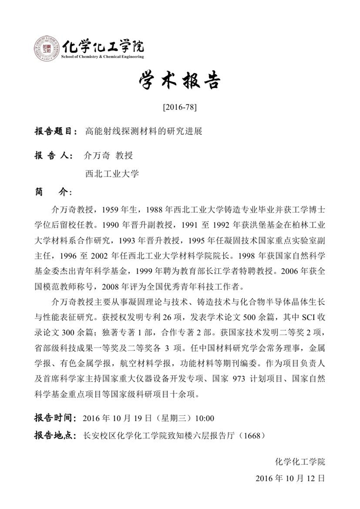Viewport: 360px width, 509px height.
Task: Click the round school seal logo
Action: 47,48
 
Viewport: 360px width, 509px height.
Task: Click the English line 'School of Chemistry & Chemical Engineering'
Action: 103,57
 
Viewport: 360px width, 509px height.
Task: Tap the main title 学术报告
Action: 179,81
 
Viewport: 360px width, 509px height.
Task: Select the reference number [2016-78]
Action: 179,108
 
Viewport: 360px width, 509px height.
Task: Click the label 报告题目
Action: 55,131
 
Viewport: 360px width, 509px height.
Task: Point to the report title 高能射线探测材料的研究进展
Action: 143,131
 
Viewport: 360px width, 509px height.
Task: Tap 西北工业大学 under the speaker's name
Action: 112,174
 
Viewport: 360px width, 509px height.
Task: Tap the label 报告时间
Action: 55,417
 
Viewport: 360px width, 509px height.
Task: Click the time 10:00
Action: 204,417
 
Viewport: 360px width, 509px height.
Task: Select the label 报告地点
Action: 55,435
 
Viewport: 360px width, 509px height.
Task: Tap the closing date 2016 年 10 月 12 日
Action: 290,478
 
